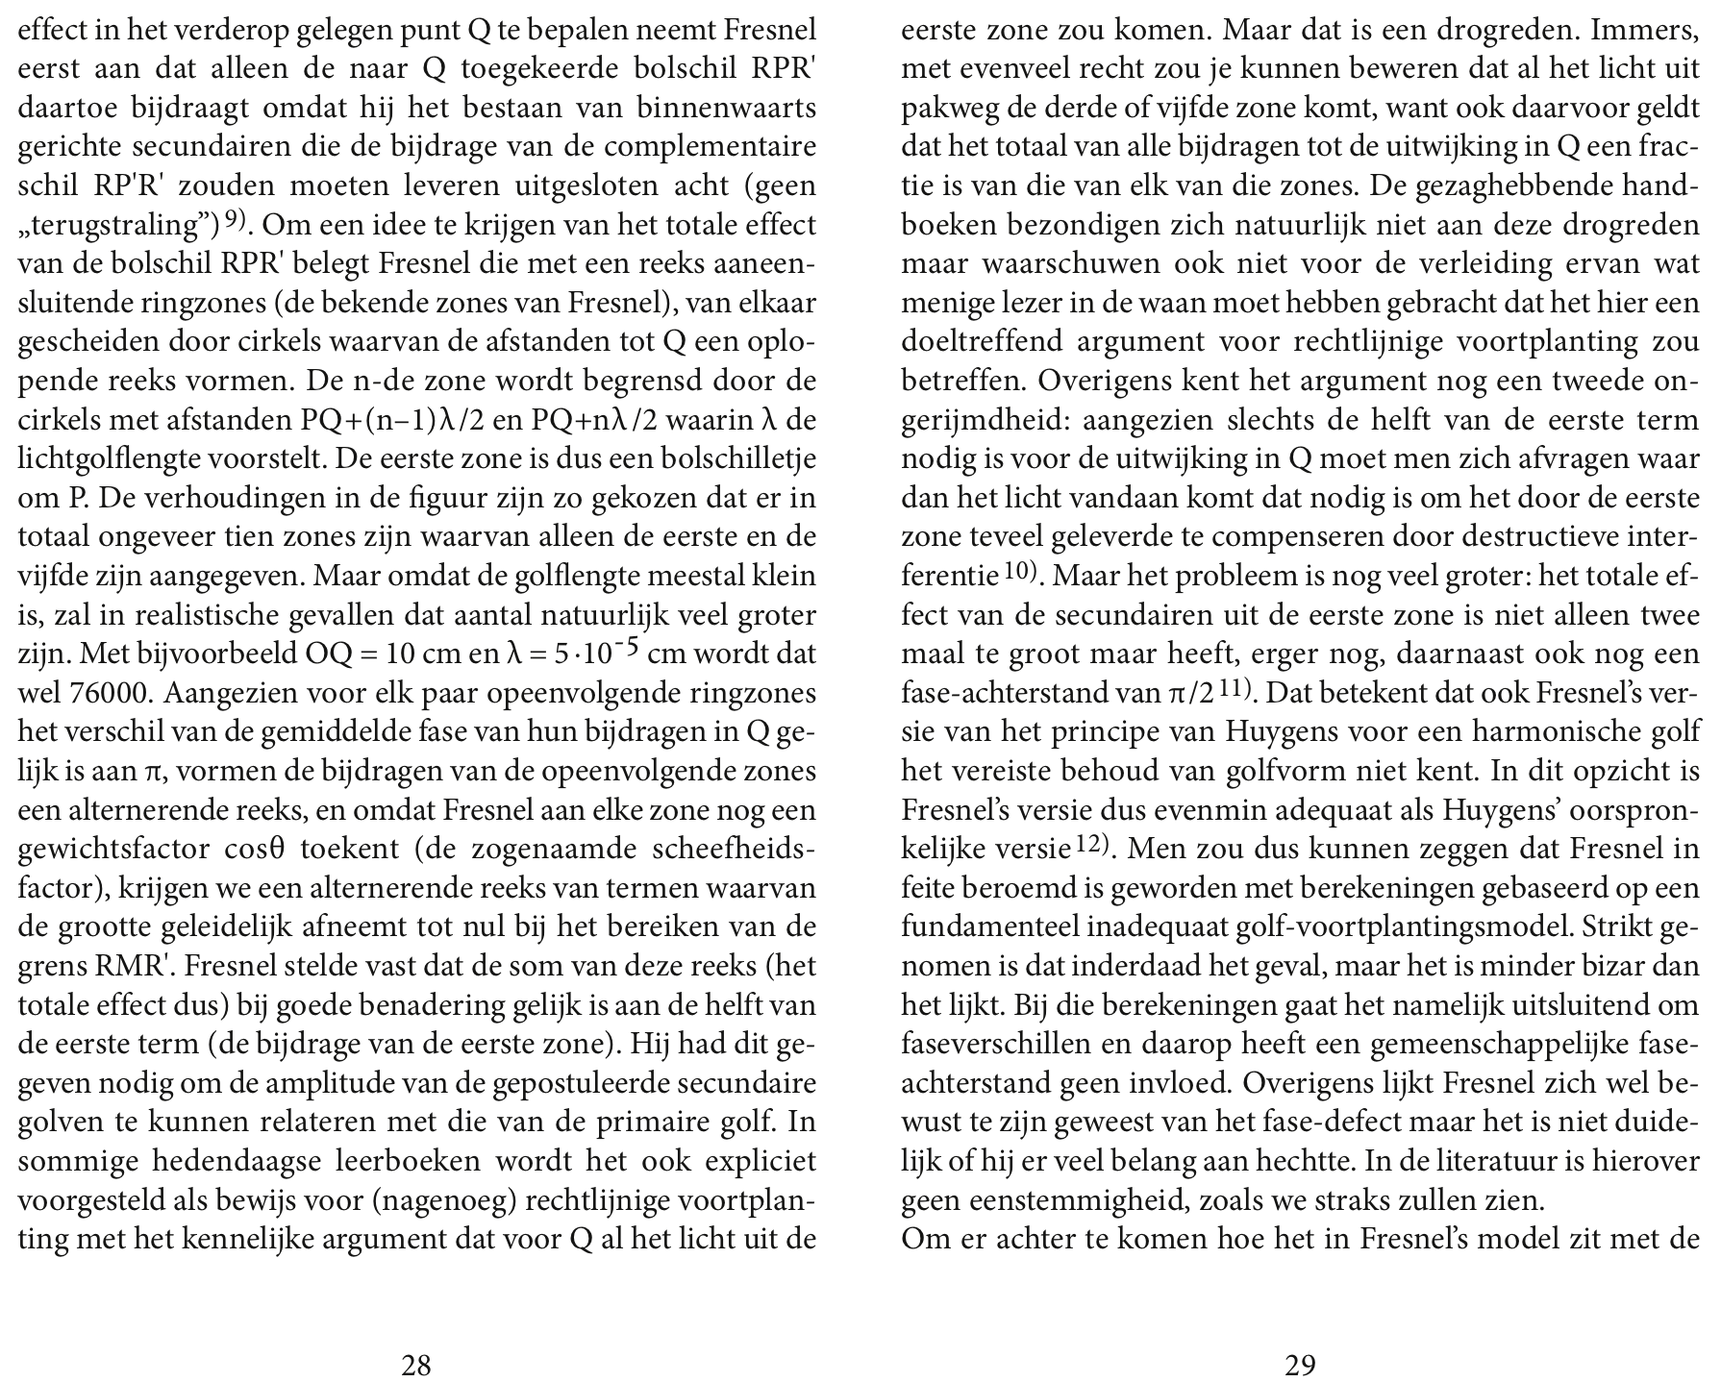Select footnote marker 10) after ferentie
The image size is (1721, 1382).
pyautogui.click(x=1020, y=572)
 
